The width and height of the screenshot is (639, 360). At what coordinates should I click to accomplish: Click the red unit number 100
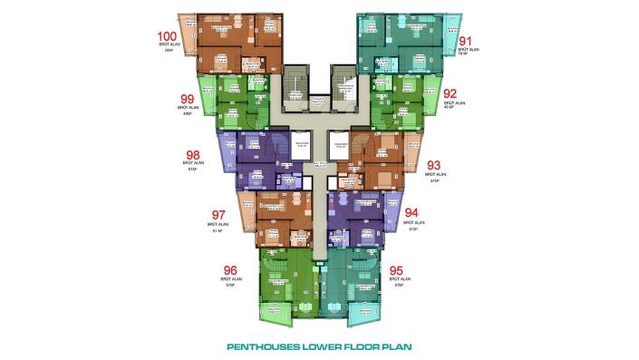tap(169, 37)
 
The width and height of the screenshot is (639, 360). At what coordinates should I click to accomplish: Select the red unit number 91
tap(466, 41)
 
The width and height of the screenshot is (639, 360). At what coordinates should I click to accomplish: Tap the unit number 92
tap(450, 92)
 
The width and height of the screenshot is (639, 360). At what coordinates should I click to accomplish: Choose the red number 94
tap(413, 214)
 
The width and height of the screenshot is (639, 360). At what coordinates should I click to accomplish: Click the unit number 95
tap(396, 270)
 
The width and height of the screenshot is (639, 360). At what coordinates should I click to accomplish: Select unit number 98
tap(192, 154)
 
